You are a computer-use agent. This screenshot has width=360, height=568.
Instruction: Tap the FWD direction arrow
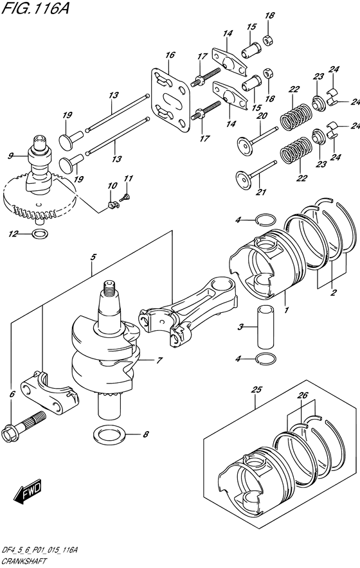27,495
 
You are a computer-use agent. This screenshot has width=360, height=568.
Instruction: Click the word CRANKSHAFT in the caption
24,561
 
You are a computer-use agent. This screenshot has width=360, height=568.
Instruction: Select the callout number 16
169,55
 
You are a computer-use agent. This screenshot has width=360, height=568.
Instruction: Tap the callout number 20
262,116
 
